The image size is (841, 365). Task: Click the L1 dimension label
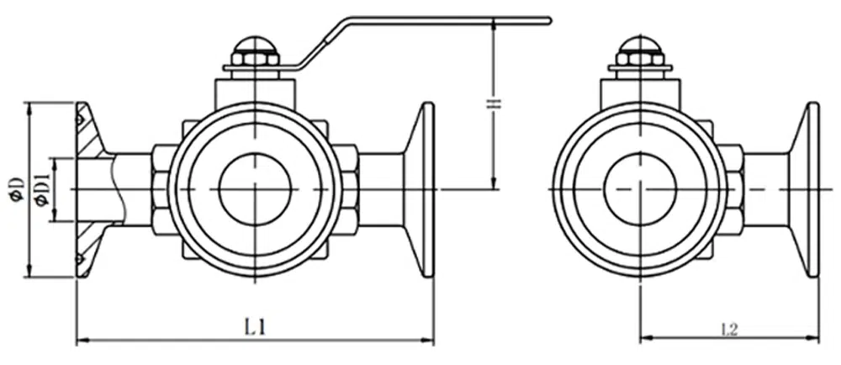255,327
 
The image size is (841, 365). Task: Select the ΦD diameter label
17,189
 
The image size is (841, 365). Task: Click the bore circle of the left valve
256,189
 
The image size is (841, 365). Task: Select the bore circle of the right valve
640,189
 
